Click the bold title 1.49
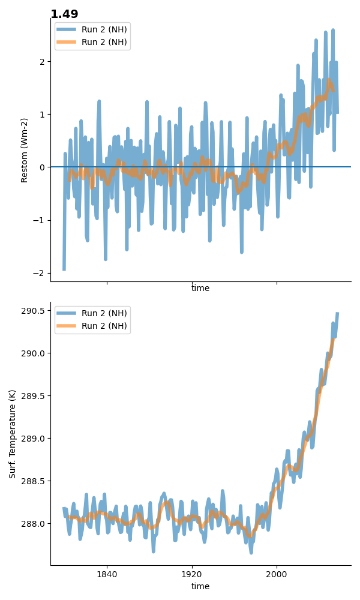tap(64, 14)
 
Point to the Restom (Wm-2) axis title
tap(24, 151)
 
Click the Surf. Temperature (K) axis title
tap(12, 434)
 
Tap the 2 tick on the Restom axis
tap(42, 62)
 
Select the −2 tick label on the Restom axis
tap(39, 273)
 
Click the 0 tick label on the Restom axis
tap(42, 167)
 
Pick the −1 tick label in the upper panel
tap(39, 220)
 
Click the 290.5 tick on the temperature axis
tap(33, 311)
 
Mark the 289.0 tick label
tap(33, 439)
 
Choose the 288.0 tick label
tap(33, 524)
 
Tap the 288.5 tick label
tap(33, 481)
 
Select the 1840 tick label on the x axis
tap(107, 574)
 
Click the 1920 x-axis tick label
tap(191, 574)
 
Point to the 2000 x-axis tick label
tap(277, 574)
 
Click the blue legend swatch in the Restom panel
tap(67, 30)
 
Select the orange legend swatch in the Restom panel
tap(67, 42)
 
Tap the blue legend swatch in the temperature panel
tap(67, 313)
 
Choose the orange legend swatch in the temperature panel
tap(67, 326)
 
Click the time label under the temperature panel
tap(200, 586)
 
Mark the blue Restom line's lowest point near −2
tap(64, 269)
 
